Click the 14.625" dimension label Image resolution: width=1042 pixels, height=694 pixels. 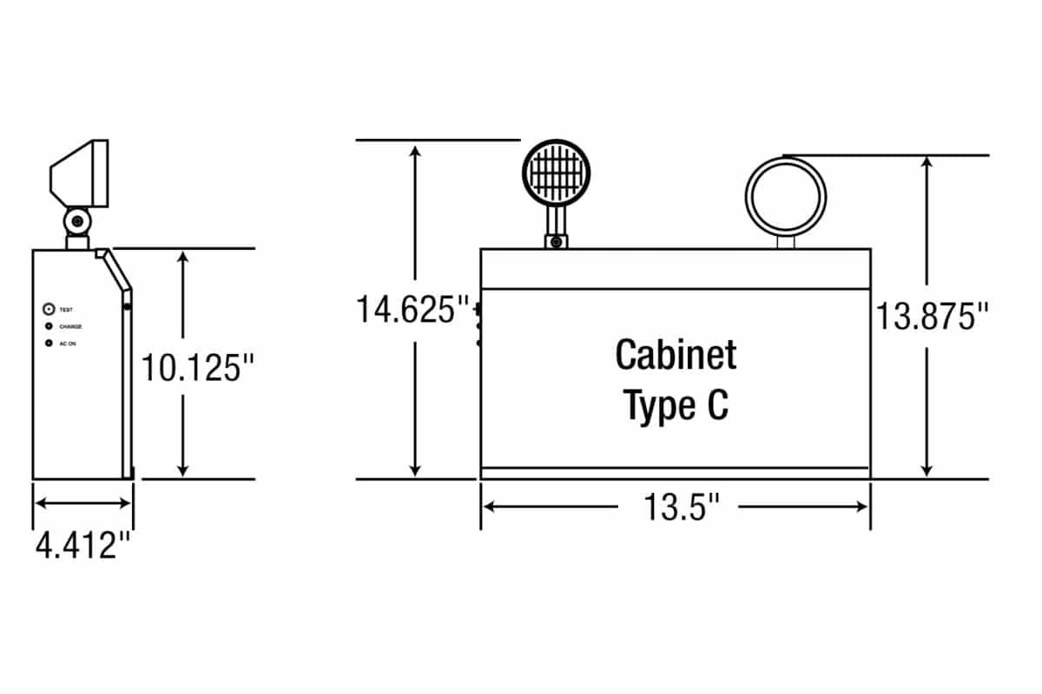tap(412, 310)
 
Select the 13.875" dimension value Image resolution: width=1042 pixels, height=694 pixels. tap(932, 317)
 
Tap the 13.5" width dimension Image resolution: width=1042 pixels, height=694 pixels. tap(681, 507)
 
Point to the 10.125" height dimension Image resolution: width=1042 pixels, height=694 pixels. tap(197, 368)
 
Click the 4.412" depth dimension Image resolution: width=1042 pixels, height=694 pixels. tap(82, 546)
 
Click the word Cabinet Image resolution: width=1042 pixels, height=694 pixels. tap(676, 355)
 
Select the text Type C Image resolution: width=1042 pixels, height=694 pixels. tap(676, 406)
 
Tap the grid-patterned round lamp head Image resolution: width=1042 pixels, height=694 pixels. tap(556, 173)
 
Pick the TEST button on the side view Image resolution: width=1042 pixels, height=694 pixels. tap(49, 309)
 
